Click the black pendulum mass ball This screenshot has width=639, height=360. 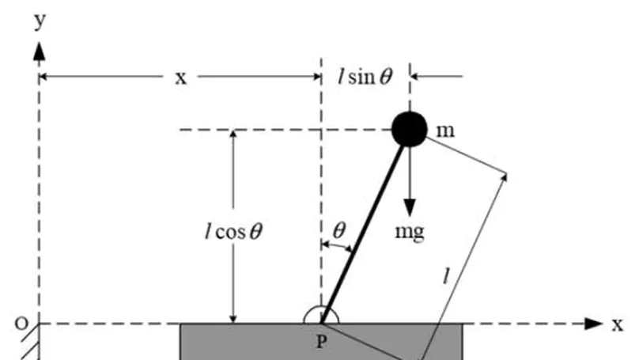[x=410, y=129]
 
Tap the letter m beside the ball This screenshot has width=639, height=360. [x=445, y=130]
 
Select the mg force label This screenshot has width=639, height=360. [x=410, y=232]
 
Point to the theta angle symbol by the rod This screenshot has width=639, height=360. [x=339, y=230]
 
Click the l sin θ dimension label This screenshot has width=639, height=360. [x=365, y=77]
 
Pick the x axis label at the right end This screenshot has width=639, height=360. [x=617, y=324]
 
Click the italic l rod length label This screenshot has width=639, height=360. [x=447, y=275]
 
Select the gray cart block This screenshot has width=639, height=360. [x=237, y=342]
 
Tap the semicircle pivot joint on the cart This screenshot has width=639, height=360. [x=321, y=316]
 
